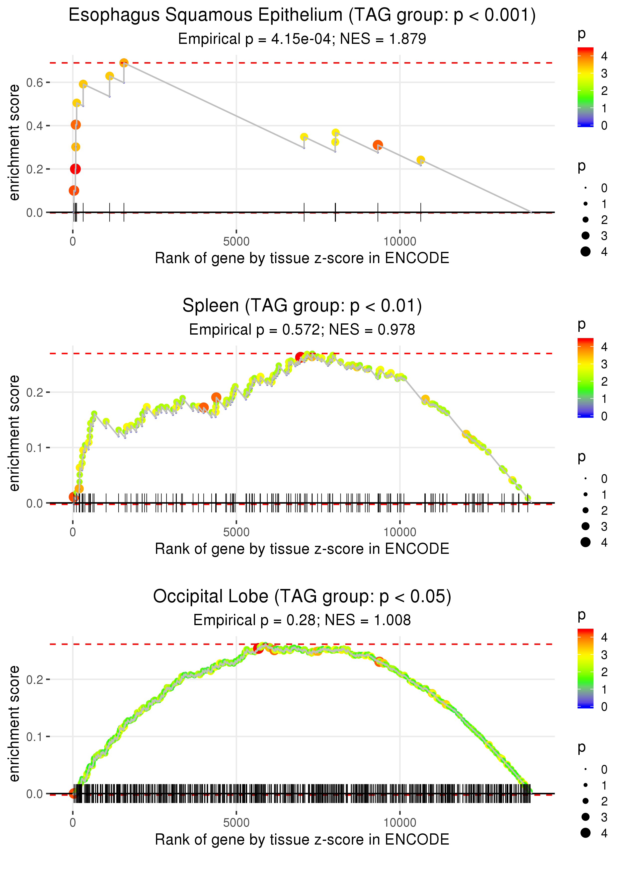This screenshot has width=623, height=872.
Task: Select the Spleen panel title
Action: [x=302, y=306]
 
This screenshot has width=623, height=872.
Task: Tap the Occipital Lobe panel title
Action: [x=302, y=596]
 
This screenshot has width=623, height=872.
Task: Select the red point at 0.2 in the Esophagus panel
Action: [x=75, y=169]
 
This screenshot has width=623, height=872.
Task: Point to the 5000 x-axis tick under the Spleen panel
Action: [x=236, y=532]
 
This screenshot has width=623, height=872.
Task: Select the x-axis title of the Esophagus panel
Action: [x=302, y=258]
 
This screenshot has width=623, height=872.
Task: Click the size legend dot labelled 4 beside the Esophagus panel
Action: [x=585, y=252]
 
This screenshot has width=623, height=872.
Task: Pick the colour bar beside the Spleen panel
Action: [x=585, y=378]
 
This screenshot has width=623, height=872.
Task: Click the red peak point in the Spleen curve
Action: [x=300, y=357]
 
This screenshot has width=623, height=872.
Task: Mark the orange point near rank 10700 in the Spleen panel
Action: [x=425, y=399]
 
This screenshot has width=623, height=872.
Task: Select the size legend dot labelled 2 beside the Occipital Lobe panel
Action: [x=585, y=801]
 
